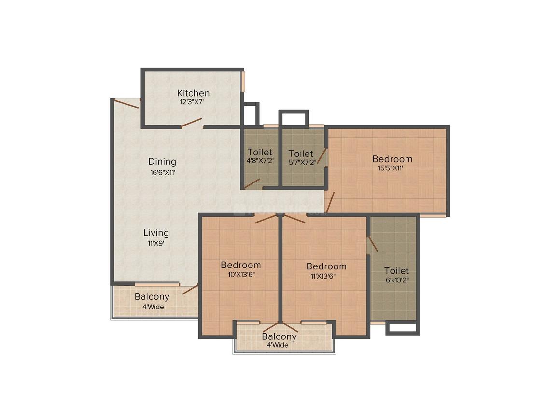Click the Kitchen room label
[x=193, y=93]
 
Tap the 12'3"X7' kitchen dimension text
[x=193, y=102]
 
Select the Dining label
[x=162, y=162]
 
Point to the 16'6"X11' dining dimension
[x=162, y=172]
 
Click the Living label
[x=156, y=233]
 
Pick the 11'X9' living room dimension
[x=156, y=244]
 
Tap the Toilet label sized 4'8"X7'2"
[x=260, y=153]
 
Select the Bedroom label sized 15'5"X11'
[x=392, y=159]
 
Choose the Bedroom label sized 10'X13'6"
[x=240, y=265]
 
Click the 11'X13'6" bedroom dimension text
[x=326, y=276]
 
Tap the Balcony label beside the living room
[x=152, y=297]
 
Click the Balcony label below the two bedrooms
[x=279, y=336]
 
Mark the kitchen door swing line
[x=191, y=122]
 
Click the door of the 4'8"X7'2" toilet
[x=252, y=183]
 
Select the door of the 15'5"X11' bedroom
[x=330, y=202]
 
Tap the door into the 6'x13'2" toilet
[x=372, y=244]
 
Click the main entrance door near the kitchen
[x=127, y=103]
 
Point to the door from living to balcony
[x=190, y=290]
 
